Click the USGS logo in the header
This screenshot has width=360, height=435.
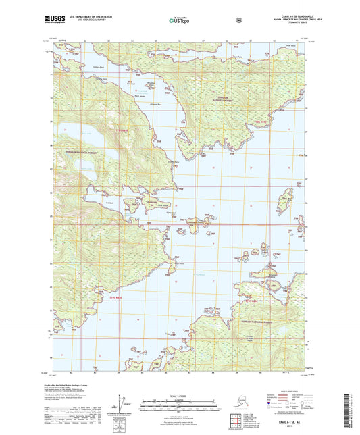tap(52, 20)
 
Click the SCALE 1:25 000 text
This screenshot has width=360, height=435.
tap(179, 396)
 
